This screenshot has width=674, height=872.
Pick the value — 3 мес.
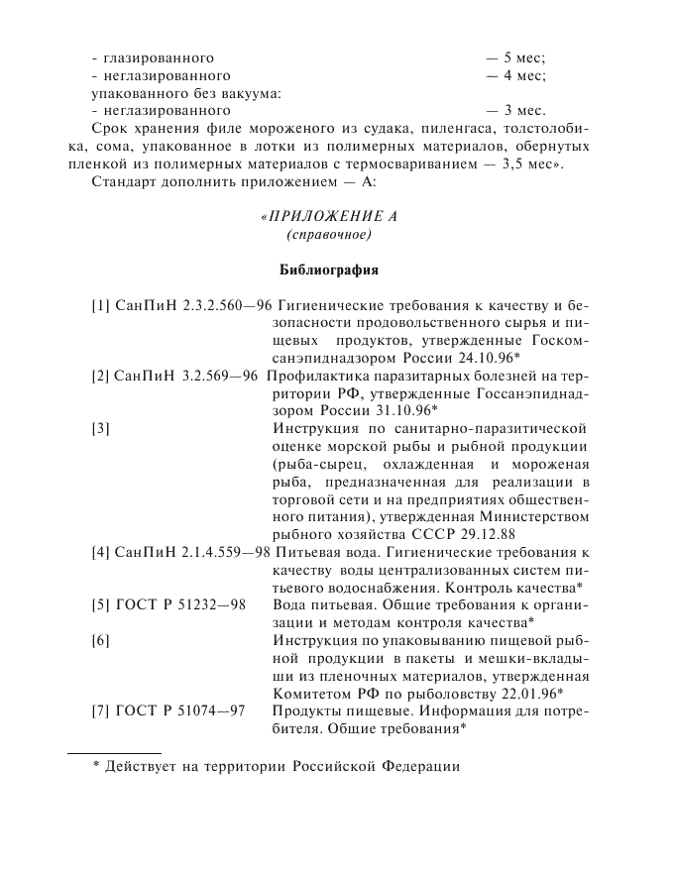tap(515, 110)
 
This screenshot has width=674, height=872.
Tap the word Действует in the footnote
tap(141, 767)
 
